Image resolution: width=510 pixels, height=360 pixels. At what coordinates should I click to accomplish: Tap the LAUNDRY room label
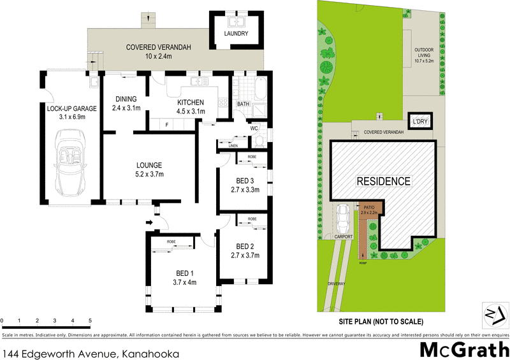(235, 34)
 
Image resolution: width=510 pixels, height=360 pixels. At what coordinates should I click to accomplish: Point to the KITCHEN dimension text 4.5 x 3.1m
(191, 111)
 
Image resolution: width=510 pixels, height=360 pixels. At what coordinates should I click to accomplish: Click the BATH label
(243, 103)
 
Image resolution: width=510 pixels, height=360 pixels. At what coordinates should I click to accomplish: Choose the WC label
(253, 128)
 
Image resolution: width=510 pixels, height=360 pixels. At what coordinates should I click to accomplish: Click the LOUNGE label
(148, 164)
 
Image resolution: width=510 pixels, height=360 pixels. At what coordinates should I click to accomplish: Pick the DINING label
(126, 99)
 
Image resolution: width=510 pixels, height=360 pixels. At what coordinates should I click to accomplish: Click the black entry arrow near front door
(149, 222)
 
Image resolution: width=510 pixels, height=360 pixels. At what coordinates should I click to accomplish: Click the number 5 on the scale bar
(90, 320)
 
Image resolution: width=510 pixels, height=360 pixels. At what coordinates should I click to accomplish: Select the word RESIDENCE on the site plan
(383, 181)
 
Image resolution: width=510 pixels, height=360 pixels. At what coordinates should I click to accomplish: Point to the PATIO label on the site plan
(369, 208)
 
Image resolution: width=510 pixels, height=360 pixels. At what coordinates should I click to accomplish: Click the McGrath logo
(463, 349)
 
